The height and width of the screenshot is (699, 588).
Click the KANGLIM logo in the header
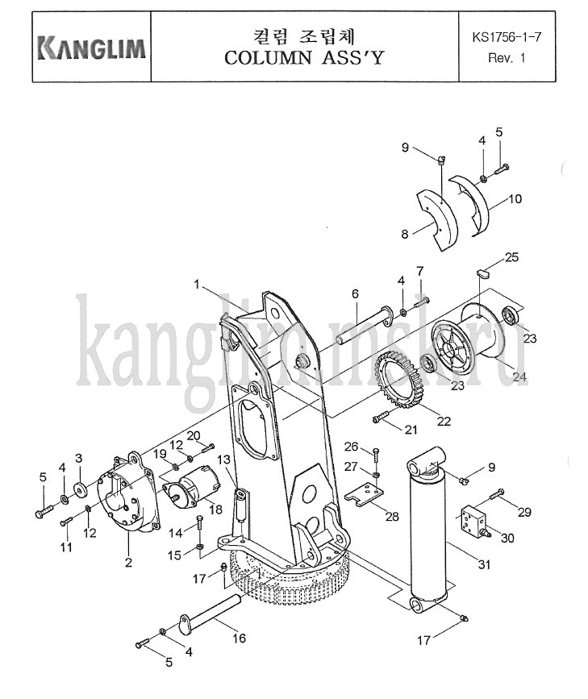(x=92, y=48)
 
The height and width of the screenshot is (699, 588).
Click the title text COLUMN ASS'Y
(x=304, y=57)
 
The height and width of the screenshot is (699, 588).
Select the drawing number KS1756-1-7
(x=507, y=37)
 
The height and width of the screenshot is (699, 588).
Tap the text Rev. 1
(x=507, y=58)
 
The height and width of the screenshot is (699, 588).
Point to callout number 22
(x=444, y=421)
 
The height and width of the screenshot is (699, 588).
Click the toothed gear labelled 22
(x=399, y=380)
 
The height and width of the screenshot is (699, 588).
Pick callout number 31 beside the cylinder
(x=484, y=564)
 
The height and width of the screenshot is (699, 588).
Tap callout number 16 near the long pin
(x=239, y=639)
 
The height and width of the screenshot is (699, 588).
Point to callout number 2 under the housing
(x=128, y=563)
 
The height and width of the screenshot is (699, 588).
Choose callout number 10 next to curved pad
(x=515, y=198)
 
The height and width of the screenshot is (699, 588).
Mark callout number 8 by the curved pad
(x=405, y=234)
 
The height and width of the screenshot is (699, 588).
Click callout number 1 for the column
(x=197, y=284)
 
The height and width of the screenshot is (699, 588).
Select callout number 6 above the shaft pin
(x=355, y=293)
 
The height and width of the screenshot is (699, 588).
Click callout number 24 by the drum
(x=519, y=377)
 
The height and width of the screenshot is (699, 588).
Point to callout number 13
(x=224, y=460)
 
